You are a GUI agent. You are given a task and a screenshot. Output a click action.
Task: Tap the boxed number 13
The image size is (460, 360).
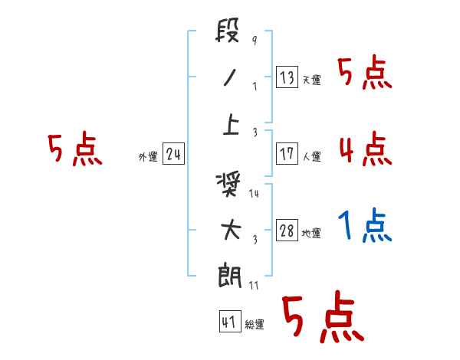point(287,77)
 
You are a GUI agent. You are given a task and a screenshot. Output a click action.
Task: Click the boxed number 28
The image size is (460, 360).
point(287,231)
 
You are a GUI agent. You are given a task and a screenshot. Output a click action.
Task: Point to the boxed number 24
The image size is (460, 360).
point(173,155)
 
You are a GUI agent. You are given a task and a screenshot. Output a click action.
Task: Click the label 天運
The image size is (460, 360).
point(311,80)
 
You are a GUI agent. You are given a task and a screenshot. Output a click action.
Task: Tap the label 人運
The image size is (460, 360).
point(311,156)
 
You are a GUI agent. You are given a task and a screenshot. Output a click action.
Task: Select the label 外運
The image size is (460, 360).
point(148,157)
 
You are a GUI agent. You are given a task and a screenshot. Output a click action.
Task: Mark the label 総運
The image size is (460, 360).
point(255,325)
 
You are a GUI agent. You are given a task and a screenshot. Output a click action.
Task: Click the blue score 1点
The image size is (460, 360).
point(364,227)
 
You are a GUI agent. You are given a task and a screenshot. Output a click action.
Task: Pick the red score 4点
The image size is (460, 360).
point(364,148)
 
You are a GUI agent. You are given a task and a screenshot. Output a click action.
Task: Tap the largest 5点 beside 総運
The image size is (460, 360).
point(322,318)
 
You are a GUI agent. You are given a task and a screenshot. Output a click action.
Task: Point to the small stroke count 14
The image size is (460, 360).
point(255,194)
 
